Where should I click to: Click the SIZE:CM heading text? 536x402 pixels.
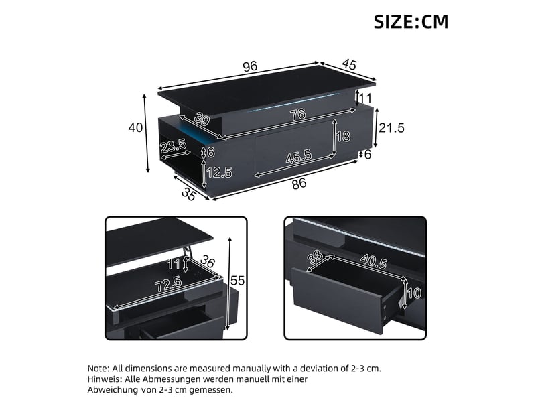tap(411, 22)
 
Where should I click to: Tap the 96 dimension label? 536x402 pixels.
tap(250, 66)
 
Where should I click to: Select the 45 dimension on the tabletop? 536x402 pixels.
tap(348, 64)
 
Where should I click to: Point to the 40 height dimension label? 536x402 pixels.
tap(135, 127)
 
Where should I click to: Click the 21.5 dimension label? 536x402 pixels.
tap(391, 128)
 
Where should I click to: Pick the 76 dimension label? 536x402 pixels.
tap(297, 114)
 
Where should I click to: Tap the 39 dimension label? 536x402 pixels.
tap(202, 119)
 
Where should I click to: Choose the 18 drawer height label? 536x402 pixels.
tap(343, 137)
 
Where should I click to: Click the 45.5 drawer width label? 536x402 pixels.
tap(299, 157)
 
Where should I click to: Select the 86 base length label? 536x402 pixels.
tap(299, 184)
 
